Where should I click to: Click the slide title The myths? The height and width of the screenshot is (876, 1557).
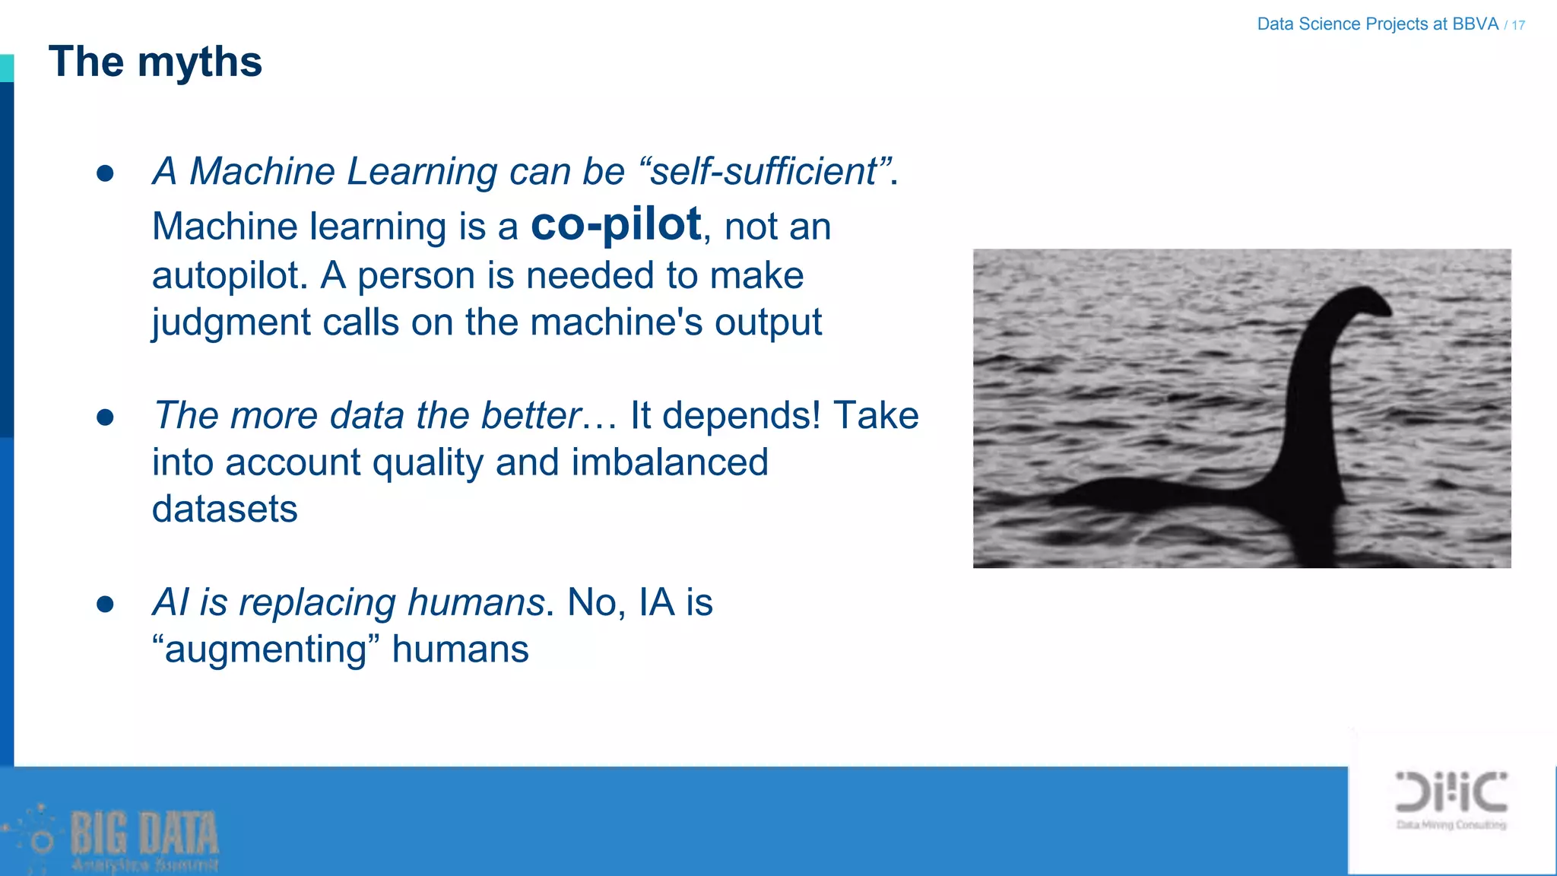(155, 62)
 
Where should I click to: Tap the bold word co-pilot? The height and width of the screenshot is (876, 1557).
(616, 225)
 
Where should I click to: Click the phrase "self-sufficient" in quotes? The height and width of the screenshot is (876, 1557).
(765, 171)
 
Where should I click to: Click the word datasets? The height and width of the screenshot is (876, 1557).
(224, 509)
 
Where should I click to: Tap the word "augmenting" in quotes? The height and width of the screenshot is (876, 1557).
(265, 649)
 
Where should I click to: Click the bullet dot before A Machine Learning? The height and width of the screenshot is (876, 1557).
(105, 173)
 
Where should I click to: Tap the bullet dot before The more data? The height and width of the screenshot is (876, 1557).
(105, 417)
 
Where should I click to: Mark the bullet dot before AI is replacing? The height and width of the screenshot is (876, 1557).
(105, 604)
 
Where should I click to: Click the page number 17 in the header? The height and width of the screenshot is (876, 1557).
(1518, 25)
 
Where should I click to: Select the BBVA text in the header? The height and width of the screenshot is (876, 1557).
(1475, 24)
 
